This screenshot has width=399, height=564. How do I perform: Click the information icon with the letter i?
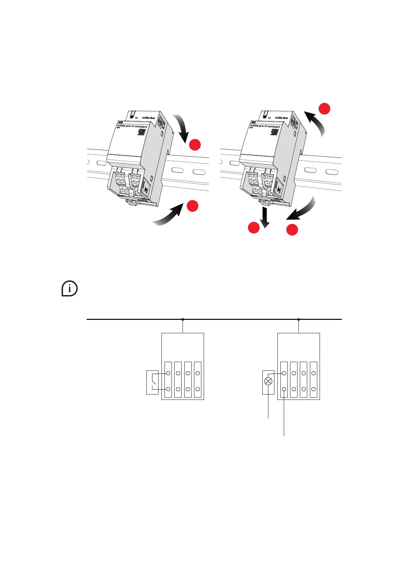click(70, 289)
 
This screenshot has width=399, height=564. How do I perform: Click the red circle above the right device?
click(324, 109)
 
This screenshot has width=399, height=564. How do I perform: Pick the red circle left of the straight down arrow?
click(253, 228)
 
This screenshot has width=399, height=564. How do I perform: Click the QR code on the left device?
click(141, 132)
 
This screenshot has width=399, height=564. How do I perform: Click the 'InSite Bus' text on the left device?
click(148, 118)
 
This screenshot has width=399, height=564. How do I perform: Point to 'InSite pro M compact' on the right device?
click(265, 126)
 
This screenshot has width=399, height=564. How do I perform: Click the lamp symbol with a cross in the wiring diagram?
click(268, 381)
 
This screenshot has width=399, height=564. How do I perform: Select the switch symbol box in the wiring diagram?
click(152, 382)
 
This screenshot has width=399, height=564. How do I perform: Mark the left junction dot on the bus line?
click(183, 320)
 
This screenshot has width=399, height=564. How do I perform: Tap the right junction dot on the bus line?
click(298, 320)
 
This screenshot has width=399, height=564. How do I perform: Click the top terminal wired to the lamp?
click(284, 373)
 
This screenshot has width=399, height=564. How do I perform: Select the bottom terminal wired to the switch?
click(168, 389)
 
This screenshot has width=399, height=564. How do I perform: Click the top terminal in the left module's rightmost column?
click(198, 373)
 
